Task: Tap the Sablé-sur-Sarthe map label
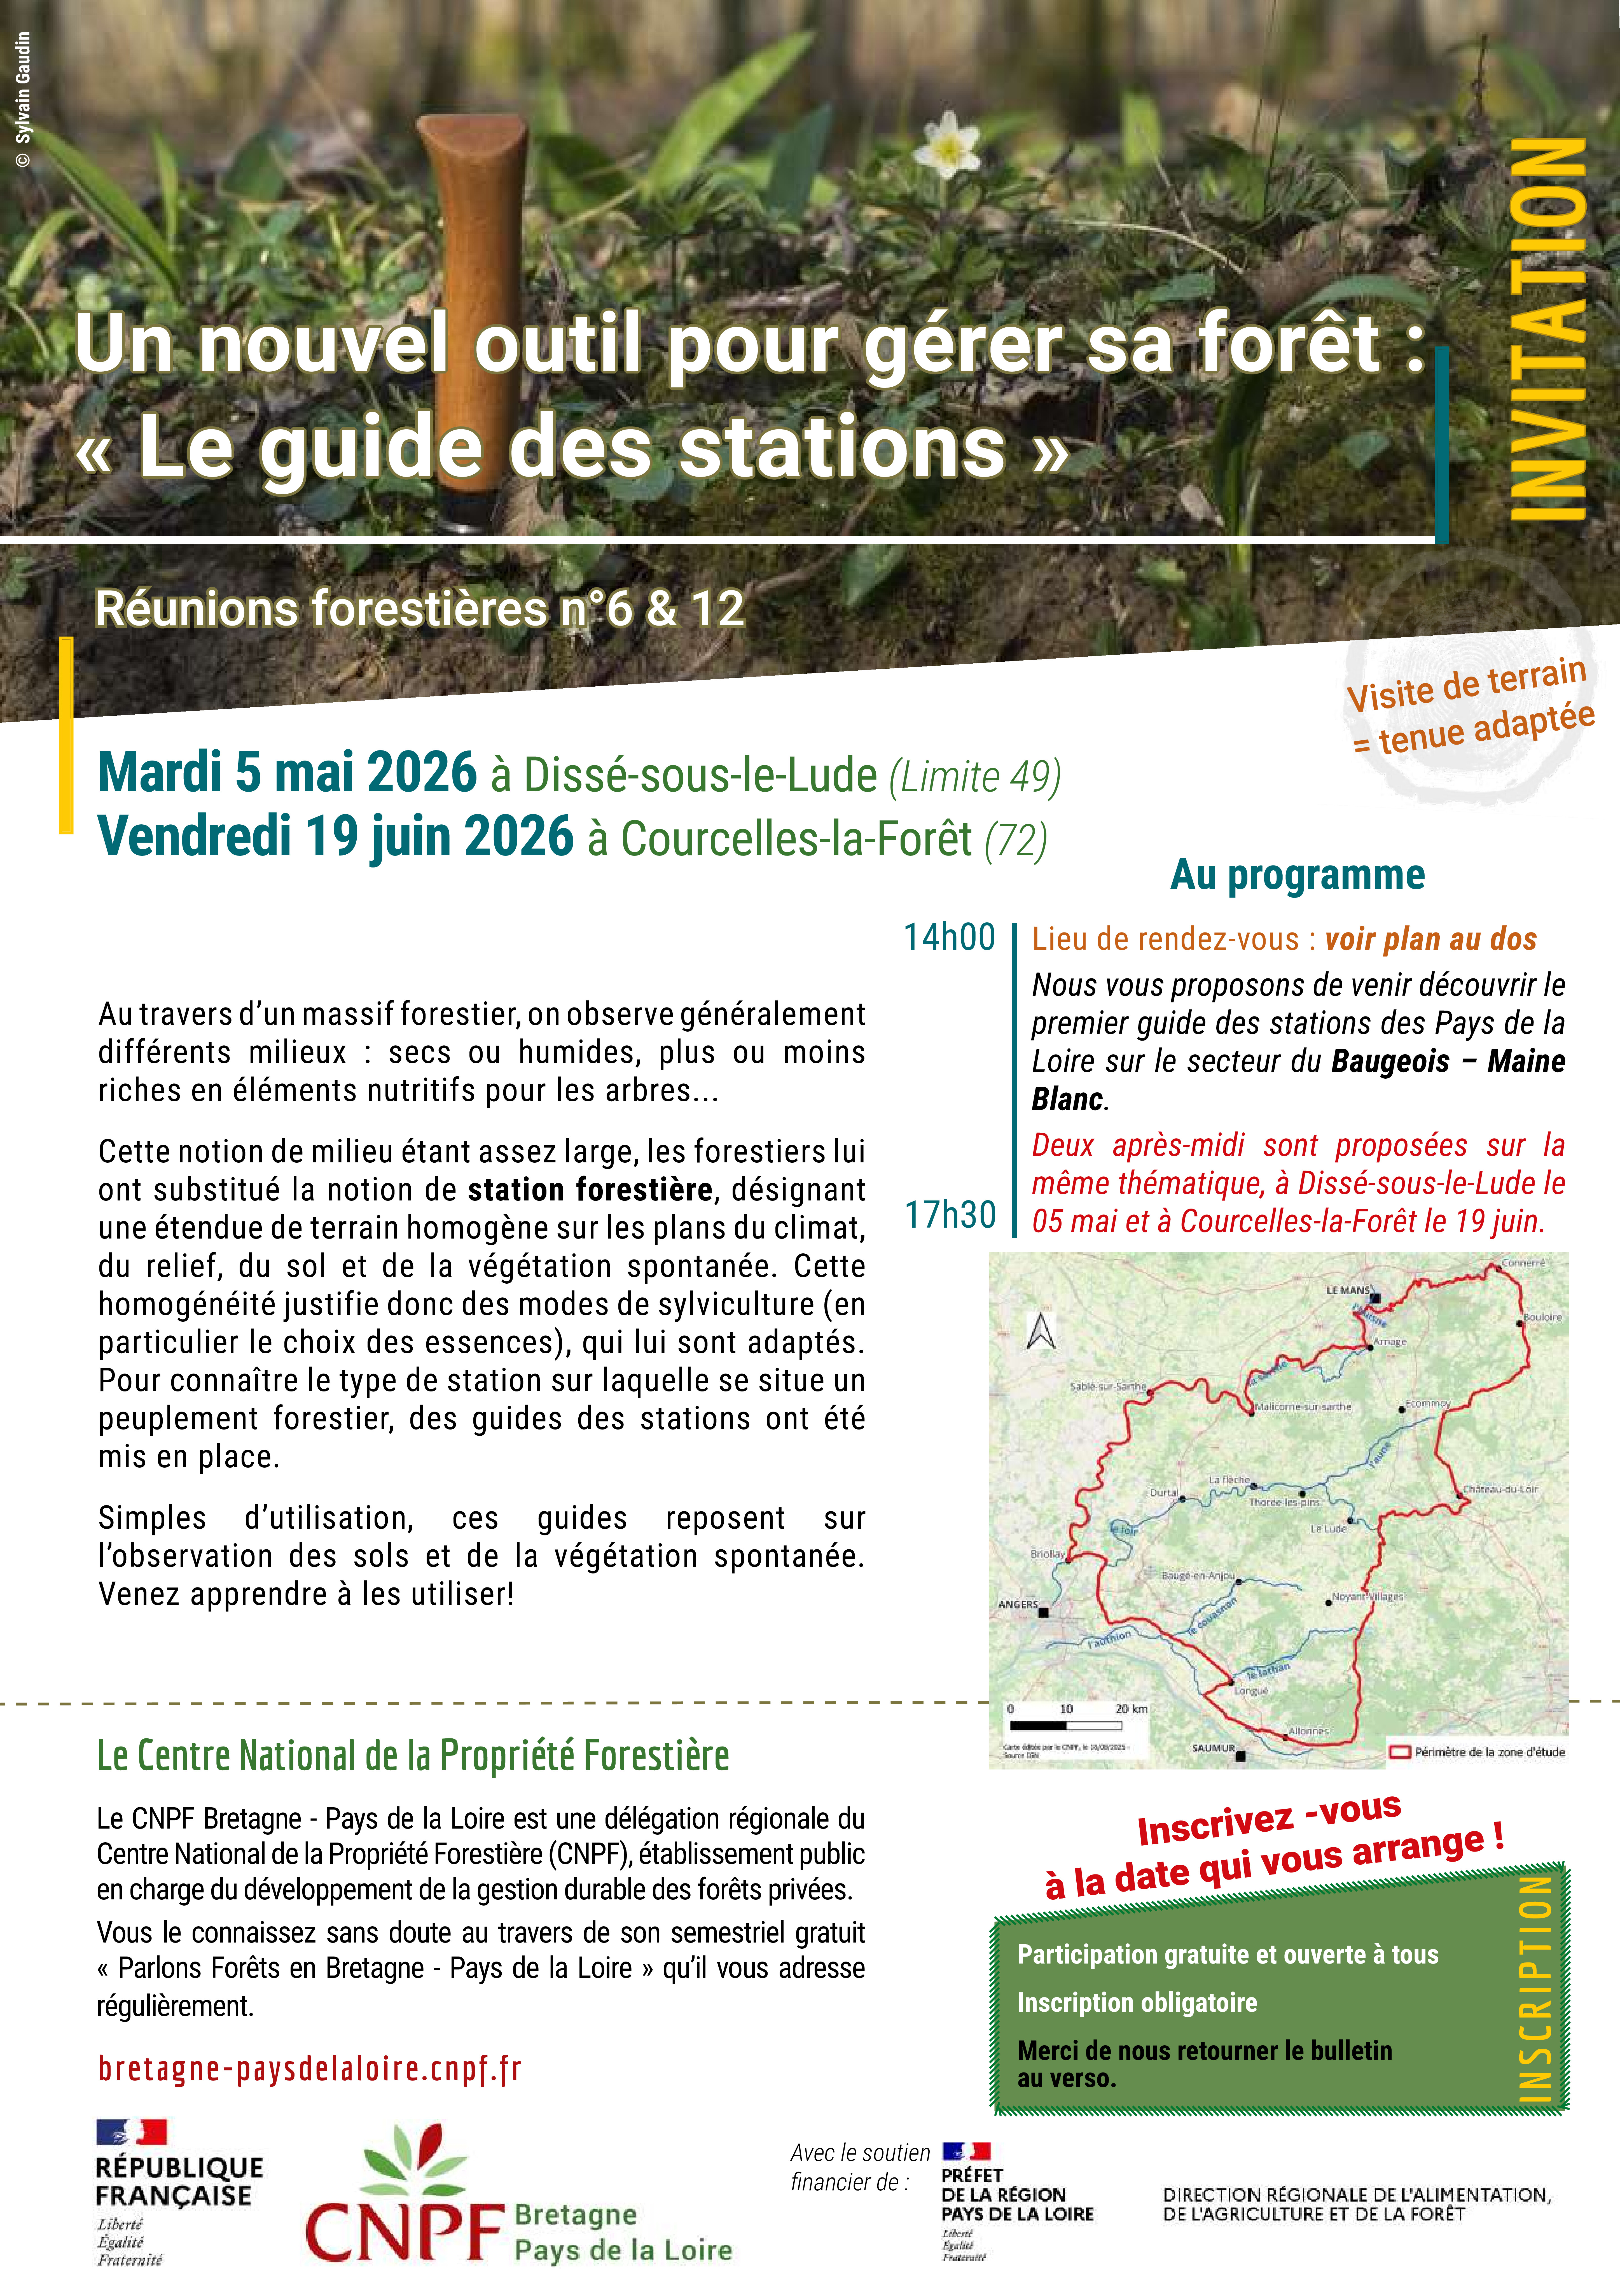[1108, 1387]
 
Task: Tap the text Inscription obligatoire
[1137, 2002]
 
